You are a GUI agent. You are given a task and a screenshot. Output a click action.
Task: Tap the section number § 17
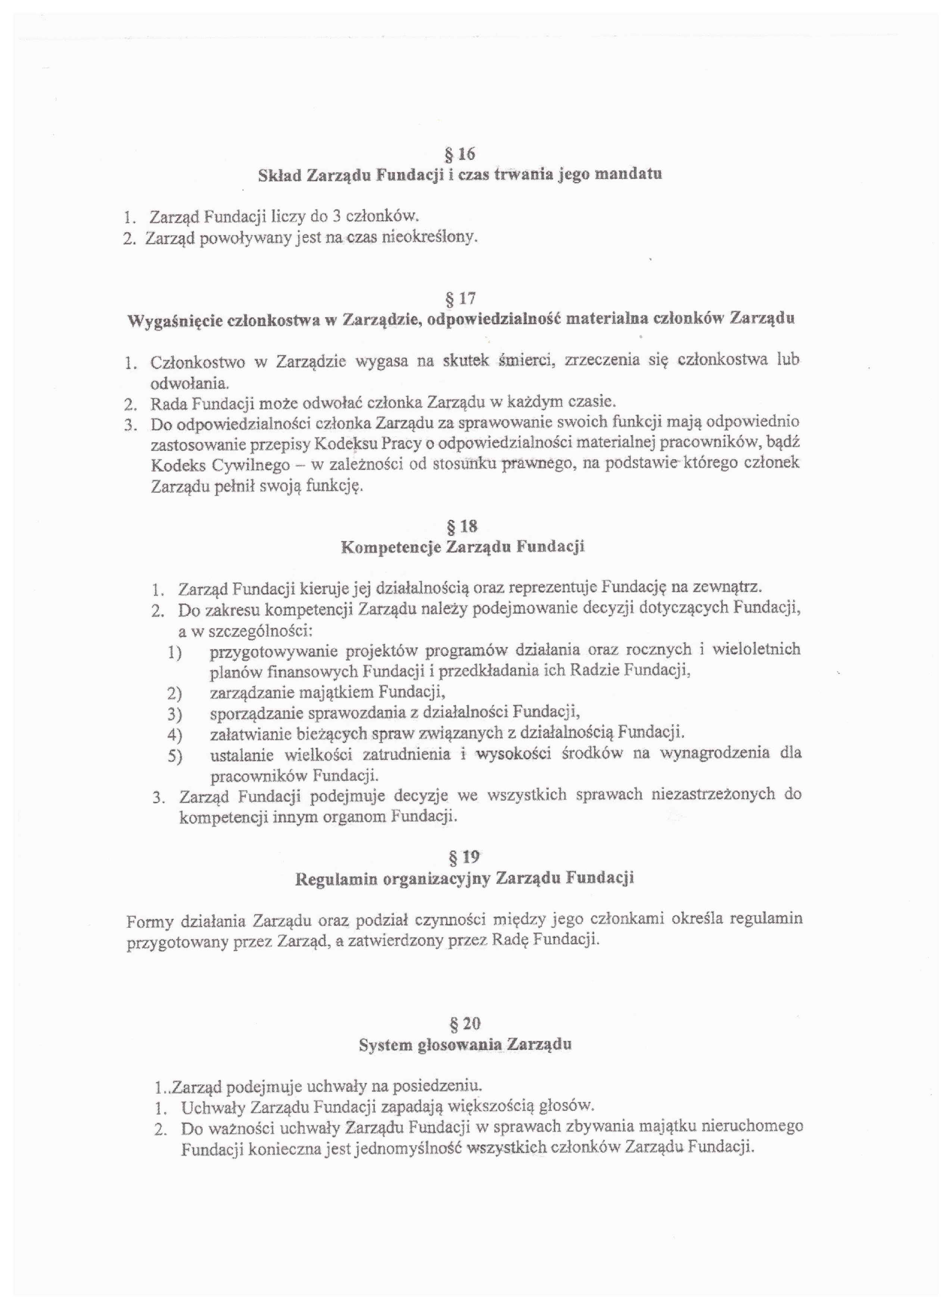pos(460,298)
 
